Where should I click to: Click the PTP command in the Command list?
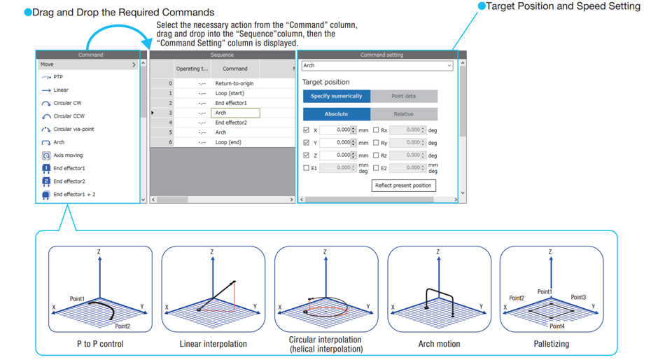tap(58, 77)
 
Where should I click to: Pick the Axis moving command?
tap(68, 155)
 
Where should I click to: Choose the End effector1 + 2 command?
tap(74, 194)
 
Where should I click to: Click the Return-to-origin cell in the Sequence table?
tap(234, 83)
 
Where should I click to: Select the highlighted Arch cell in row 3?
tap(235, 113)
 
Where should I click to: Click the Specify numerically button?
tap(337, 96)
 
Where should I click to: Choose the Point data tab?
tap(403, 96)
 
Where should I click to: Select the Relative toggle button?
tap(403, 114)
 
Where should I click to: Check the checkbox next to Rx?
tap(376, 130)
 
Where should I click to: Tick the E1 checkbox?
tap(307, 168)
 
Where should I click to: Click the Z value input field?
tap(335, 155)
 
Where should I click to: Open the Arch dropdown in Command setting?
tap(377, 66)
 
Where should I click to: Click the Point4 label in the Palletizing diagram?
tap(558, 326)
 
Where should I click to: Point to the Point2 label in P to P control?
tap(122, 326)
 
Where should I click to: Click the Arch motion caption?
tap(439, 344)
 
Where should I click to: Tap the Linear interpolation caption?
tap(213, 344)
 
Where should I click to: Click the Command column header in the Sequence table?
tap(235, 69)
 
